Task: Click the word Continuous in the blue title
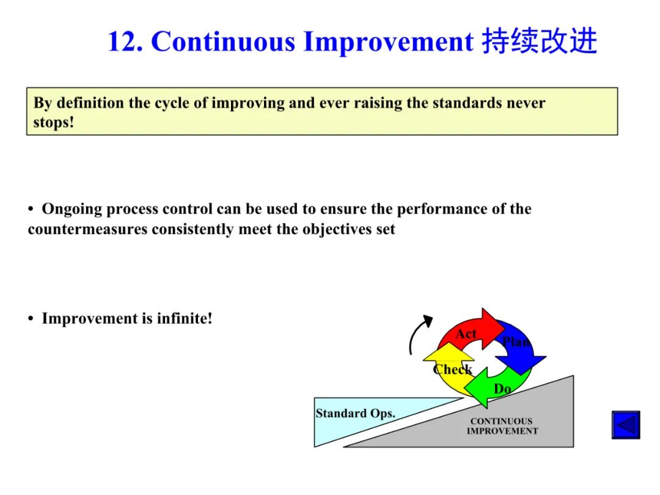(223, 42)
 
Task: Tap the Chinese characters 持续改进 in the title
(540, 41)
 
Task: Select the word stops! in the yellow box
(54, 122)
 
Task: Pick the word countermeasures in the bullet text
(87, 229)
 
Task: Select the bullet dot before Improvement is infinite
(31, 318)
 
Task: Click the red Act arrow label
(466, 334)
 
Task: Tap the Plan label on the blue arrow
(516, 342)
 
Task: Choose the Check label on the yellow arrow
(452, 369)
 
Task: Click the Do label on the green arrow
(502, 389)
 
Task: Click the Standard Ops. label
(356, 413)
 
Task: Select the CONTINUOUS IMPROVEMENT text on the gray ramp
(502, 426)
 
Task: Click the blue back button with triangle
(626, 425)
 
